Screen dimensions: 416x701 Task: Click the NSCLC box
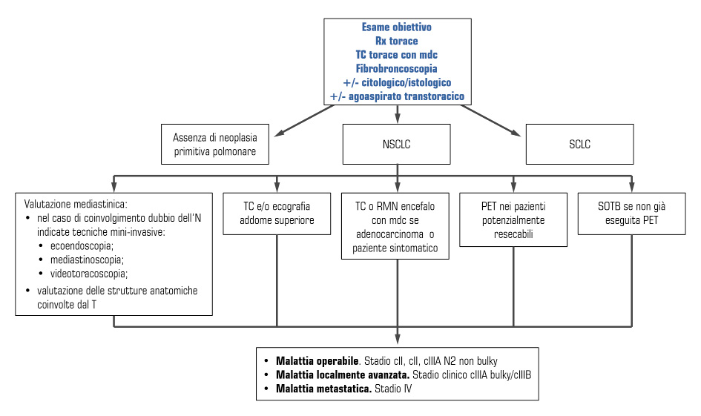point(398,145)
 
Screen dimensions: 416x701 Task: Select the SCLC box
point(579,145)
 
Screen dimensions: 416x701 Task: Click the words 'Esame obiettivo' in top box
point(397,27)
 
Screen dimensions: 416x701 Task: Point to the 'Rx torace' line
point(397,41)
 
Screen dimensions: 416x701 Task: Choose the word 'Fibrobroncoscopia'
point(397,67)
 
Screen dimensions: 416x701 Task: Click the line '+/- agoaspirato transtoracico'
point(397,96)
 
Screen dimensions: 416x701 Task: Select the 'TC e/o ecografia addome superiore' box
point(276,214)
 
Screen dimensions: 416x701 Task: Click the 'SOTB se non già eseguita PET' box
point(632,214)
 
